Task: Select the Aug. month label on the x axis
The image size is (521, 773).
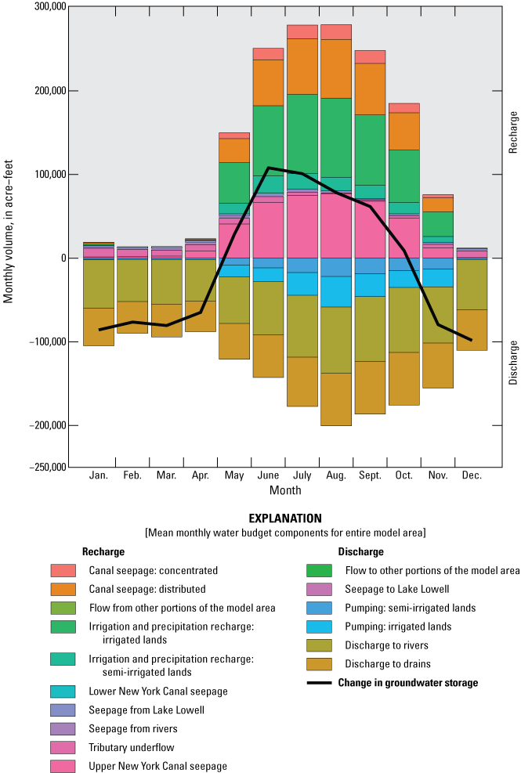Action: click(x=336, y=475)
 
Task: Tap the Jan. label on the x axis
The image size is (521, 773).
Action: click(x=99, y=475)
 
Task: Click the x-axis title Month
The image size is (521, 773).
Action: click(x=285, y=490)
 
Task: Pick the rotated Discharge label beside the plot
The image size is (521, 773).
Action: click(x=514, y=363)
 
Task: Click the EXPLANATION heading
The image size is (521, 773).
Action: click(x=285, y=518)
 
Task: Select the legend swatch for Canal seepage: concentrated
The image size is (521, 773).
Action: click(x=63, y=571)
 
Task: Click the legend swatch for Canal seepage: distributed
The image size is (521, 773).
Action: click(x=63, y=589)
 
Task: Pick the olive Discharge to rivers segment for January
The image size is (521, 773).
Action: click(x=99, y=284)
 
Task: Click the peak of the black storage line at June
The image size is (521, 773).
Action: click(x=269, y=168)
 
